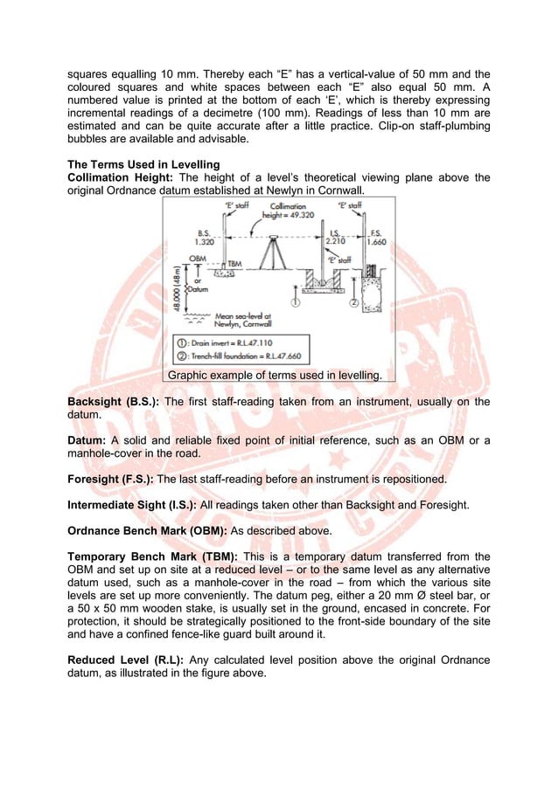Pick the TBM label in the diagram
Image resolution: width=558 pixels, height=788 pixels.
pyautogui.click(x=234, y=262)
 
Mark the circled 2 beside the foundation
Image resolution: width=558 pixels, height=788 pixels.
pyautogui.click(x=353, y=303)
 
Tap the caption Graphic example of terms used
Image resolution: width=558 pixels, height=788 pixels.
pyautogui.click(x=275, y=375)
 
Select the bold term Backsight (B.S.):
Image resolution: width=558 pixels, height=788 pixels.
pyautogui.click(x=113, y=402)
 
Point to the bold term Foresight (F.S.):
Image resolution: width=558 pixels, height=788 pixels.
pyautogui.click(x=113, y=479)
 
